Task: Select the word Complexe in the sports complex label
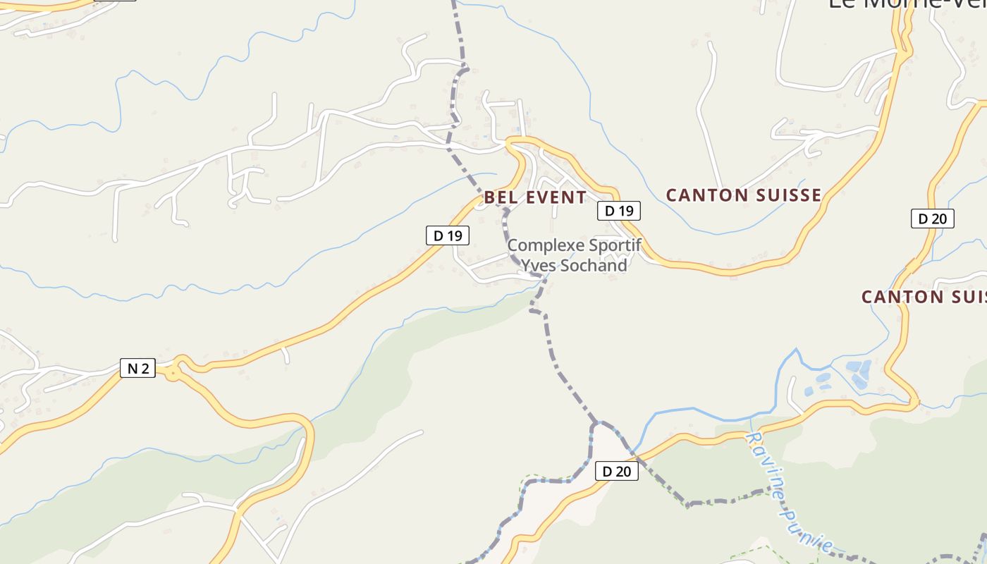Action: click(540, 245)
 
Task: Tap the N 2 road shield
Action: click(137, 368)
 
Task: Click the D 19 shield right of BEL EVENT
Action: click(619, 210)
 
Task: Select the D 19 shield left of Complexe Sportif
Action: click(448, 235)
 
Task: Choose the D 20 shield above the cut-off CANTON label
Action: click(932, 219)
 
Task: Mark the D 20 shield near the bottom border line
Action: click(617, 471)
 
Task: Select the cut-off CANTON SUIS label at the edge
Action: click(924, 297)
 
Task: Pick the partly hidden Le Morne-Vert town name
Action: click(906, 4)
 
